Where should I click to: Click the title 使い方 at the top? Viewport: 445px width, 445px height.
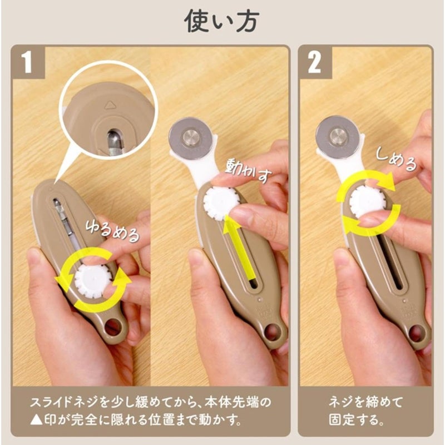[x=221, y=21]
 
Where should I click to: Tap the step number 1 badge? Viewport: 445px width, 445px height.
[x=28, y=62]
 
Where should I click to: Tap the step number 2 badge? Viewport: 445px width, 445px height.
[x=315, y=62]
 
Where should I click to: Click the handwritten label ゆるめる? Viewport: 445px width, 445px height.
[x=113, y=231]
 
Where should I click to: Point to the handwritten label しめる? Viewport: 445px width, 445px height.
[x=396, y=160]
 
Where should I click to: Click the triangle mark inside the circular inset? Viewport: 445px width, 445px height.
[x=110, y=105]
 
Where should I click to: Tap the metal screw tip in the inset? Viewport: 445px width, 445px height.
[x=114, y=140]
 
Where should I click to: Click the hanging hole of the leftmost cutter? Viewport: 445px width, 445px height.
[x=113, y=327]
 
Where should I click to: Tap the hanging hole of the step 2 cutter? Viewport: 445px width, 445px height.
[x=416, y=334]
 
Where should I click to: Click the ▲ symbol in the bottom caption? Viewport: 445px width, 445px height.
[x=36, y=420]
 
